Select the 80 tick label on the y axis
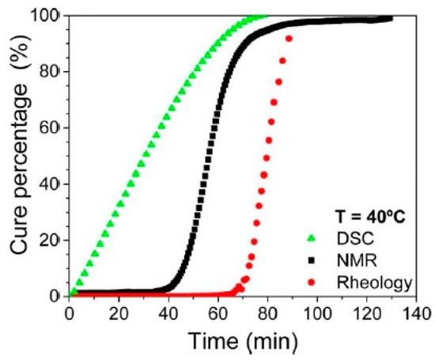point(51,71)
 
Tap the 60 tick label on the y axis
point(51,127)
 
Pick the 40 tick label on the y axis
point(51,184)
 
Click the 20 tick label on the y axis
point(51,240)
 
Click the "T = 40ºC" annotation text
point(366,214)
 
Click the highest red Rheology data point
point(289,39)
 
